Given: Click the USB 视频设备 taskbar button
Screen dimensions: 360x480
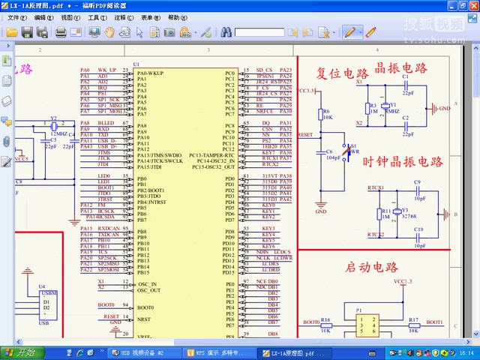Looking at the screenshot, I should pos(142,352).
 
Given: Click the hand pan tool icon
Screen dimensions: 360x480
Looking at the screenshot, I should pos(109,32).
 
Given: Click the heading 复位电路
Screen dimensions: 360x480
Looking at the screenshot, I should pos(343,73).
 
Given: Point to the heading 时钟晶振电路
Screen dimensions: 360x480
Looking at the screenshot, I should pos(403,161).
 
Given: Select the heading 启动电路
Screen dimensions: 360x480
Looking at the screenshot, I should pos(371,266).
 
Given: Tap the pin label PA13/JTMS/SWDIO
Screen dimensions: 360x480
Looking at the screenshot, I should pos(160,154).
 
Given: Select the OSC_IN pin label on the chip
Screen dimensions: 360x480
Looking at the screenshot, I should pos(147,284).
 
